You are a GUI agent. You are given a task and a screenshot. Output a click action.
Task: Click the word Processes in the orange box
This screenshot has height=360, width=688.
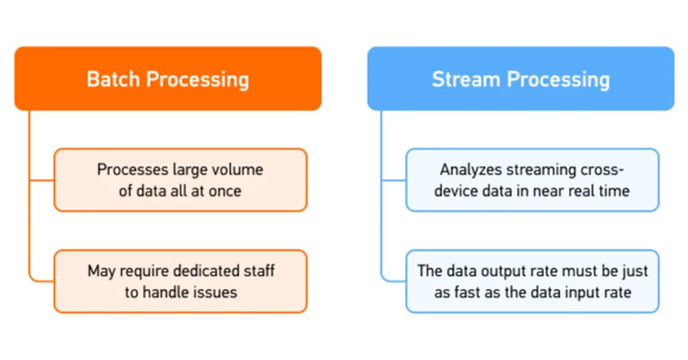pyautogui.click(x=133, y=170)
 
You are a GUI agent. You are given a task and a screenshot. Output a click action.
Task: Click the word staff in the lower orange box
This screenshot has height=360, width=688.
pyautogui.click(x=259, y=271)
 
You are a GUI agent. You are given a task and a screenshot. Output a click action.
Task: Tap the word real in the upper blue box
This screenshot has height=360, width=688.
pyautogui.click(x=582, y=191)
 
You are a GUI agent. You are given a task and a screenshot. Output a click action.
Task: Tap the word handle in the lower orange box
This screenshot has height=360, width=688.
pyautogui.click(x=163, y=292)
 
